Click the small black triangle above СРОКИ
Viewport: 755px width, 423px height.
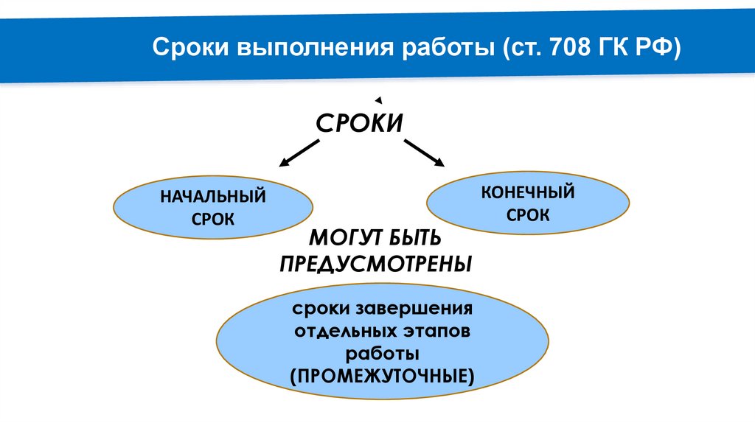pos(378,99)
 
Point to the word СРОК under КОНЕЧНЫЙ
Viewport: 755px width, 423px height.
pos(528,215)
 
